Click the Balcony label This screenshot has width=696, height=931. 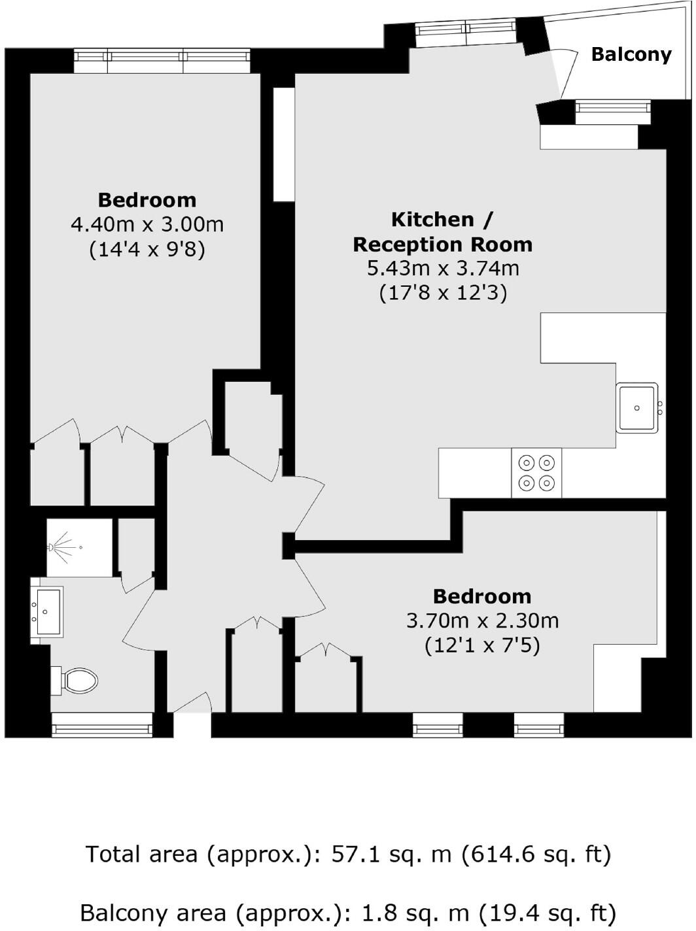coord(631,54)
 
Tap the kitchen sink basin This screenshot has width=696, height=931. coord(637,408)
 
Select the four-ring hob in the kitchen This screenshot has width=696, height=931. coord(536,473)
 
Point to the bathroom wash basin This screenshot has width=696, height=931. coord(48,611)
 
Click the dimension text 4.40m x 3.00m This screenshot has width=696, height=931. coord(147,225)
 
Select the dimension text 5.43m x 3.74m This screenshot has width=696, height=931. coord(443,268)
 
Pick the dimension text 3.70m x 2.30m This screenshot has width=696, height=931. coord(482,620)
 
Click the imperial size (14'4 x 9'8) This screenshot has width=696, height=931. coord(147,250)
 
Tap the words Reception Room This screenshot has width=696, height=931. coord(443,245)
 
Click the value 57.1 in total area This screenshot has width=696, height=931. coord(355,854)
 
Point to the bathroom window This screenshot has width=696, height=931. coord(102,724)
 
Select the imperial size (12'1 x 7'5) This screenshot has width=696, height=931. coord(482,646)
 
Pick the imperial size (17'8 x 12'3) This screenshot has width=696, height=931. coord(443,292)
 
